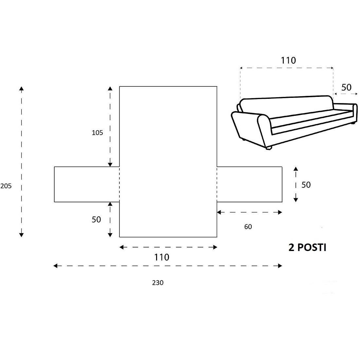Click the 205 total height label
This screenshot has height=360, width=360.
6,186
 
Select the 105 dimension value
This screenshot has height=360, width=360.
97,133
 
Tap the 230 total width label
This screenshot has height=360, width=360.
158,283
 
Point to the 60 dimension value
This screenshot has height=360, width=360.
248,227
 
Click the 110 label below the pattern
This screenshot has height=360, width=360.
162,257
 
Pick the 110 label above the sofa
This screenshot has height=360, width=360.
288,61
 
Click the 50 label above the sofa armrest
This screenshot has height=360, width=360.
346,87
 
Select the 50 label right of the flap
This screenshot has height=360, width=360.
306,185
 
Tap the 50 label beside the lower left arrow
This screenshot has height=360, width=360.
96,220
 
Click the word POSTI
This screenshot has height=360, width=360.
312,248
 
